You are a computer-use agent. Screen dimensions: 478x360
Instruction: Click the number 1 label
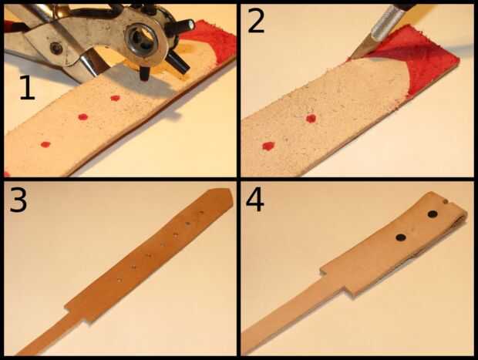(27, 87)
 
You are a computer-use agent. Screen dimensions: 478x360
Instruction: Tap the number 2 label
(256, 21)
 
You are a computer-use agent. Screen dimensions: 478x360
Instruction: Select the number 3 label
(19, 200)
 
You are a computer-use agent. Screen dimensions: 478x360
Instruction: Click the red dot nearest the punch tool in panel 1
(115, 98)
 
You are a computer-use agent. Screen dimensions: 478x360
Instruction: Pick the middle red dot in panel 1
(82, 116)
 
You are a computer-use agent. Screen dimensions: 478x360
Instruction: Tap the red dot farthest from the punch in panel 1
(45, 144)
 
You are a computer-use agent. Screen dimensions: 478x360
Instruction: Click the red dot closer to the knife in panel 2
(311, 118)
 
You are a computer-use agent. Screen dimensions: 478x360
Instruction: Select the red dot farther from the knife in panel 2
(268, 146)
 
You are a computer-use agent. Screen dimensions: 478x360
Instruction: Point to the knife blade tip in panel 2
(352, 58)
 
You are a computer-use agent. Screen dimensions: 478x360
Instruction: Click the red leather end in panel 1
(214, 39)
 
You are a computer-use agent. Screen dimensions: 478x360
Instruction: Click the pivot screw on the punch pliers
(56, 48)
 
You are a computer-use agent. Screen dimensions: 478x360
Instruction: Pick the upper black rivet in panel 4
(433, 214)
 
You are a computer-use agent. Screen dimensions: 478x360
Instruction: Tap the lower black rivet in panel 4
(401, 237)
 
